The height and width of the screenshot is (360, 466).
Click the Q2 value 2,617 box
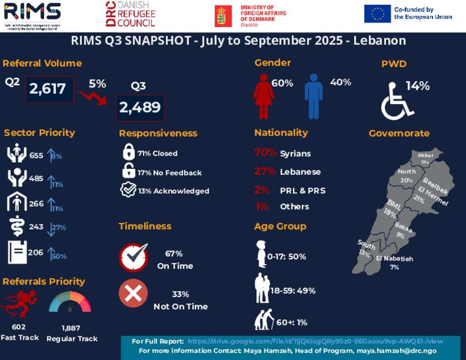(x=49, y=89)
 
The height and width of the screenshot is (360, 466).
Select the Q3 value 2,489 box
(x=140, y=108)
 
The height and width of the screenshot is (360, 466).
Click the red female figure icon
(x=263, y=96)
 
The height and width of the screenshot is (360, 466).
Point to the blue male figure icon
(x=314, y=96)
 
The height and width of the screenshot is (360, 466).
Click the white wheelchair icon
(x=396, y=101)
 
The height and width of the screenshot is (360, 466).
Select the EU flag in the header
(x=377, y=14)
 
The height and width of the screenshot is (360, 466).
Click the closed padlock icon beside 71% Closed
(x=129, y=152)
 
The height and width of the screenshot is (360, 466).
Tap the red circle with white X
(x=133, y=293)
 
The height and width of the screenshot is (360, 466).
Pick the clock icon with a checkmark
(x=134, y=258)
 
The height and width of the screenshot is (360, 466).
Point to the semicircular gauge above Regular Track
(x=70, y=302)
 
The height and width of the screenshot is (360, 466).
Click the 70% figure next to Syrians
(x=265, y=152)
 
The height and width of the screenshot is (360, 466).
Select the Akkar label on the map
(x=425, y=156)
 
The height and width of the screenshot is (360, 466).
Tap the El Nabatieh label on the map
(x=395, y=259)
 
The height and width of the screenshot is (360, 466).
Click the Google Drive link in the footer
(x=315, y=341)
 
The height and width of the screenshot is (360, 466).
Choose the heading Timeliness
(x=145, y=226)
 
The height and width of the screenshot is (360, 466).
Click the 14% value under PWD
(x=417, y=86)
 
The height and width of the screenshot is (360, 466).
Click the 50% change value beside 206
(x=59, y=256)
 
